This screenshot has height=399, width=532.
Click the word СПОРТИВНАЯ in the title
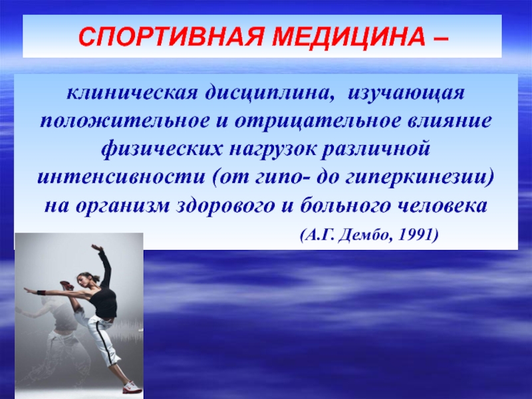[x=171, y=37]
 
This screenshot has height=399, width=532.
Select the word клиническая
[x=132, y=92]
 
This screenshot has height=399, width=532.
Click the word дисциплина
[x=269, y=94]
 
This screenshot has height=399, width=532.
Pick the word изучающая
[x=406, y=94]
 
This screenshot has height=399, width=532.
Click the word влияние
[x=450, y=122]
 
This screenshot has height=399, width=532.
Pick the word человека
[x=442, y=205]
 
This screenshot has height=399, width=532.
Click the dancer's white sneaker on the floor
[x=132, y=387]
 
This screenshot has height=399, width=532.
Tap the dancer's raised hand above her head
[x=97, y=247]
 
